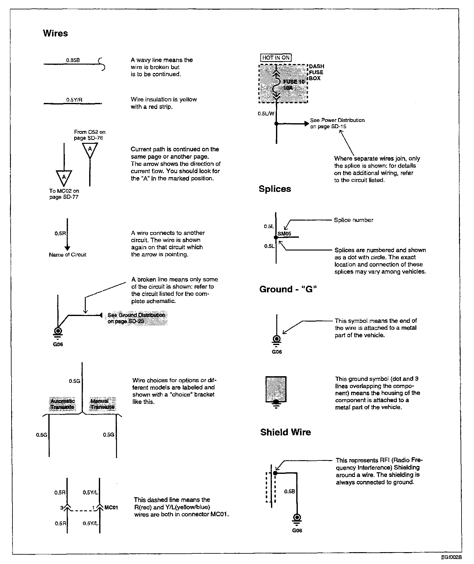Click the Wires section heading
point(55,33)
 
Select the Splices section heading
point(275,189)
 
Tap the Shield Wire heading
point(286,432)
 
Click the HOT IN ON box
point(276,58)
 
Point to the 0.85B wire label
point(73,60)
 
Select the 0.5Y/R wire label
point(74,100)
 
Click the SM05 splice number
point(284,233)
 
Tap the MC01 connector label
point(111,508)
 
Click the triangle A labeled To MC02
point(64,177)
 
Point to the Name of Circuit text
point(67,255)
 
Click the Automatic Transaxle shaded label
point(62,404)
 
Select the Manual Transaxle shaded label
point(102,404)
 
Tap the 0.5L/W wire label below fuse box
point(266,114)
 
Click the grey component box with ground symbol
point(276,390)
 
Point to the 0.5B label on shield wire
point(289,492)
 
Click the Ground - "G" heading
point(288,289)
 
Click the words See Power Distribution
point(337,120)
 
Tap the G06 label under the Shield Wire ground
point(297,530)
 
